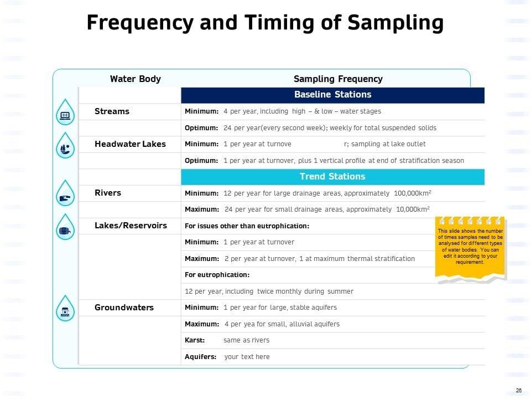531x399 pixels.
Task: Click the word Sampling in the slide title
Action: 395,23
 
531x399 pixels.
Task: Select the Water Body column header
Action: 135,79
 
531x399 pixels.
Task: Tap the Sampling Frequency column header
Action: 337,79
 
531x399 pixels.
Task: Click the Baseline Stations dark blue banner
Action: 332,95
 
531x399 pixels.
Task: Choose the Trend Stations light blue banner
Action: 332,176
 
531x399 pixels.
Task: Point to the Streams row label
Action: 112,111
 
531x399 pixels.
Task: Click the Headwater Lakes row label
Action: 130,144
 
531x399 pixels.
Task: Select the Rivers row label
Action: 108,193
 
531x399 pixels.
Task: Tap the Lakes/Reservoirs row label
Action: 131,226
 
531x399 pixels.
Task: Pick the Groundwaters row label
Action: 124,308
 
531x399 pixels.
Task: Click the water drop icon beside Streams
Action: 66,114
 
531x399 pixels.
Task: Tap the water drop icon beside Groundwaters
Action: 66,309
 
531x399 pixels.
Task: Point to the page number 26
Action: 518,391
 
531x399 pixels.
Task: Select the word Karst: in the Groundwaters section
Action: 195,340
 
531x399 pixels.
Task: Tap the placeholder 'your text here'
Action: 247,357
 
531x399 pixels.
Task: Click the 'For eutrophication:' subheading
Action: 217,275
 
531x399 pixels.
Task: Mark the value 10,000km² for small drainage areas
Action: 413,209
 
